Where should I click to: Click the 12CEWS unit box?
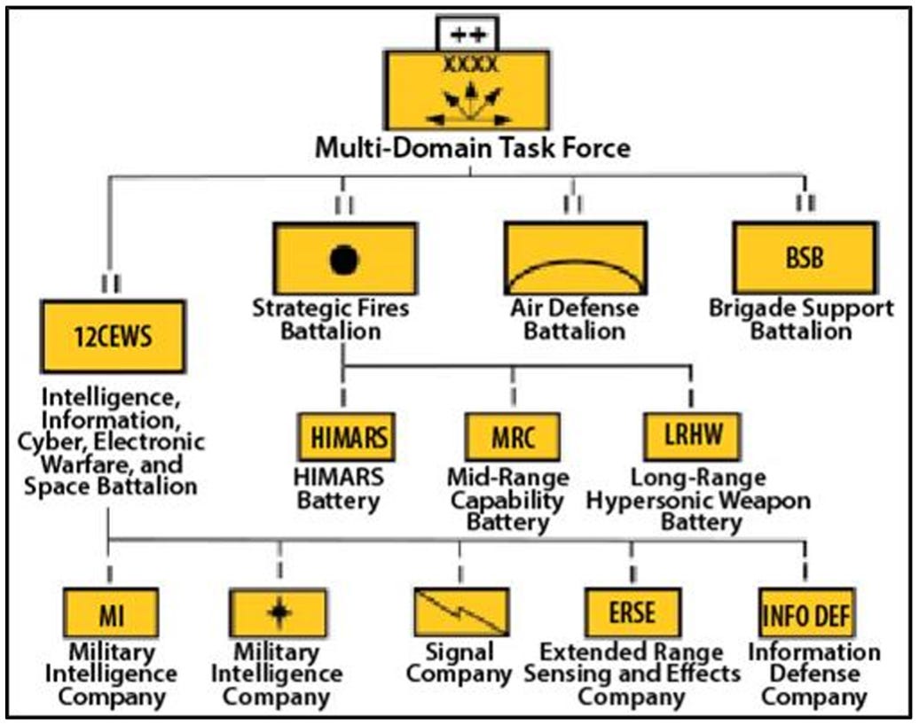point(113,336)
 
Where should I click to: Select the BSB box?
point(805,258)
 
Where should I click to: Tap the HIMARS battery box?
point(345,438)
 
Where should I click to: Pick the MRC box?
point(512,438)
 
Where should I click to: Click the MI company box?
point(111,612)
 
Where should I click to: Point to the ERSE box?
point(632,612)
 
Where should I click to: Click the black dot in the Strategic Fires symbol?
point(345,259)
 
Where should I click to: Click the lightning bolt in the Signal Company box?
point(460,611)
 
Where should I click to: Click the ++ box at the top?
point(467,35)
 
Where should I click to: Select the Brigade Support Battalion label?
point(801,319)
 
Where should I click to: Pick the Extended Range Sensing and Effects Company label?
point(632,674)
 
